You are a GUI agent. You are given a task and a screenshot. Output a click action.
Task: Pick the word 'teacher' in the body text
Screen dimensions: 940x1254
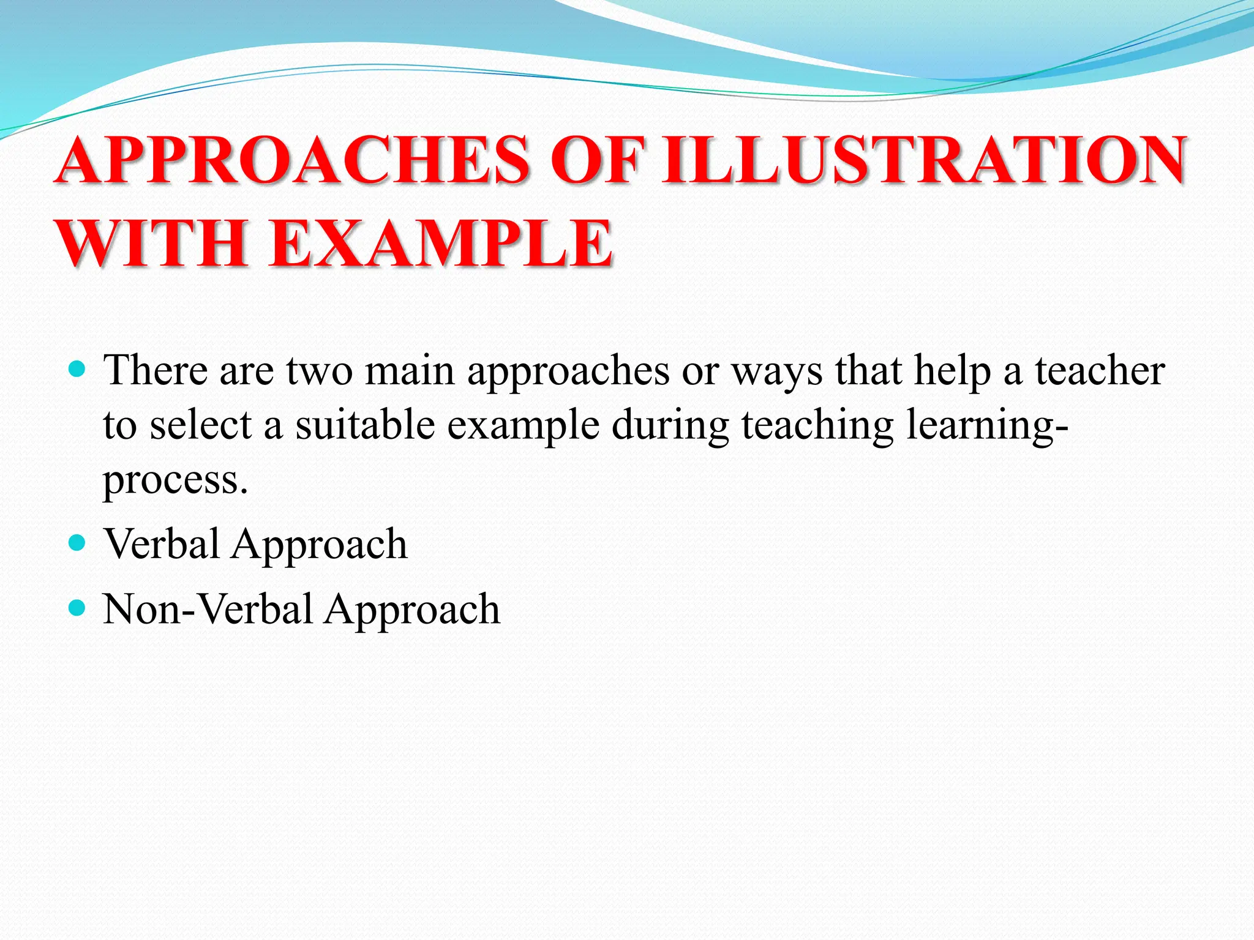point(1100,371)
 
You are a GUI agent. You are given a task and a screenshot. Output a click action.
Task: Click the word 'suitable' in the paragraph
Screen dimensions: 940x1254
point(365,425)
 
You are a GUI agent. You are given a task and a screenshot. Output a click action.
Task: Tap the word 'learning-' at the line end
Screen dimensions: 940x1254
point(987,425)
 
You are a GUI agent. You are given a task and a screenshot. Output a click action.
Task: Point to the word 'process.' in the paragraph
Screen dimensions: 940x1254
point(175,480)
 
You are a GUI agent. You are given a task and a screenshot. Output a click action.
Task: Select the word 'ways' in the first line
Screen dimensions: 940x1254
point(776,372)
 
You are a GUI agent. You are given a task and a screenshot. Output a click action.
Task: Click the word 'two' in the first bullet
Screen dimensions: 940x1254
point(319,371)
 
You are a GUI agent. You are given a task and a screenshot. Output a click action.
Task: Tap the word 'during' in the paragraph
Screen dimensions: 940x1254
point(670,425)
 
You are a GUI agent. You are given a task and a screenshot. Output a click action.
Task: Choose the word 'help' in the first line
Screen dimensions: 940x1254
point(952,371)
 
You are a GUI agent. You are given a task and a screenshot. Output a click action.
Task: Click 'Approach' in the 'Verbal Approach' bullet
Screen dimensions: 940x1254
point(319,545)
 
